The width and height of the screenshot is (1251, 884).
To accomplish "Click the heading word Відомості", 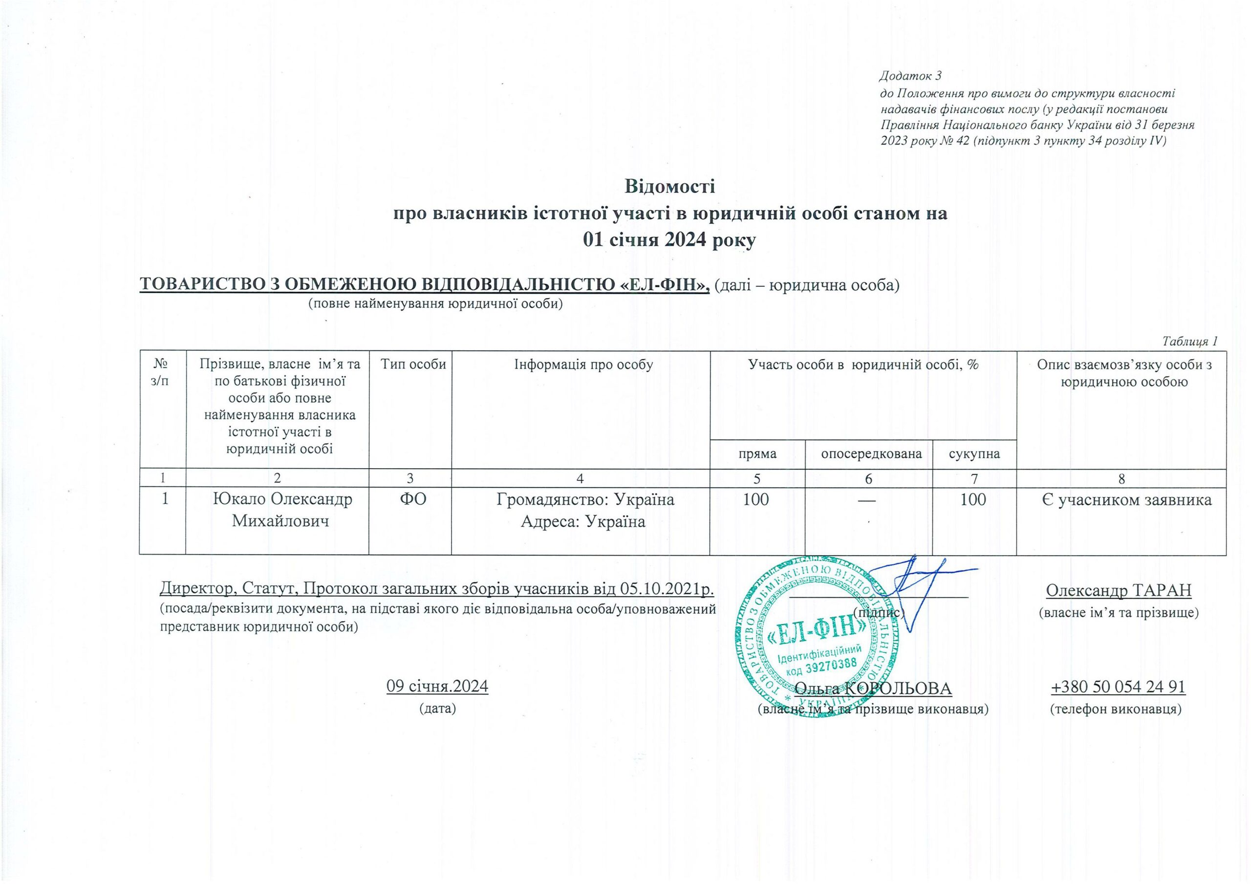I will click(x=669, y=186).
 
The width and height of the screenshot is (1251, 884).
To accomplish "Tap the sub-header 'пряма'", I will click(x=757, y=453).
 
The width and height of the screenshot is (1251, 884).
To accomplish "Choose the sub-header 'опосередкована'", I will click(x=868, y=453).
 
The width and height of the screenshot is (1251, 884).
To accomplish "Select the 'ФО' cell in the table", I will click(x=410, y=499).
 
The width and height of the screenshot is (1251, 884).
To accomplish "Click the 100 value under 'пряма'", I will click(x=756, y=499).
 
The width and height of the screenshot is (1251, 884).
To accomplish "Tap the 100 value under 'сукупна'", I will click(x=973, y=499).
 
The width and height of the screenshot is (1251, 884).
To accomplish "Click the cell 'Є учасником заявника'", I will click(x=1122, y=499).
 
